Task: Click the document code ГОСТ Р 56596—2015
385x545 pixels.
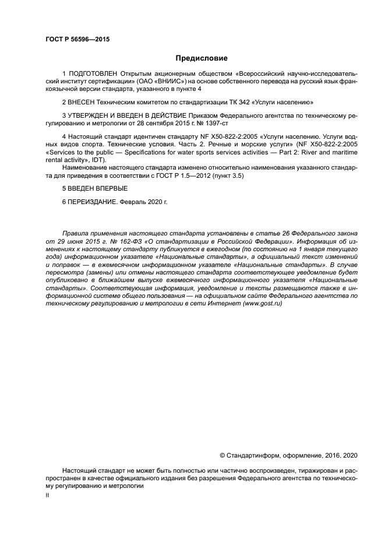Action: click(77, 40)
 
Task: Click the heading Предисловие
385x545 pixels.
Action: click(201, 58)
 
